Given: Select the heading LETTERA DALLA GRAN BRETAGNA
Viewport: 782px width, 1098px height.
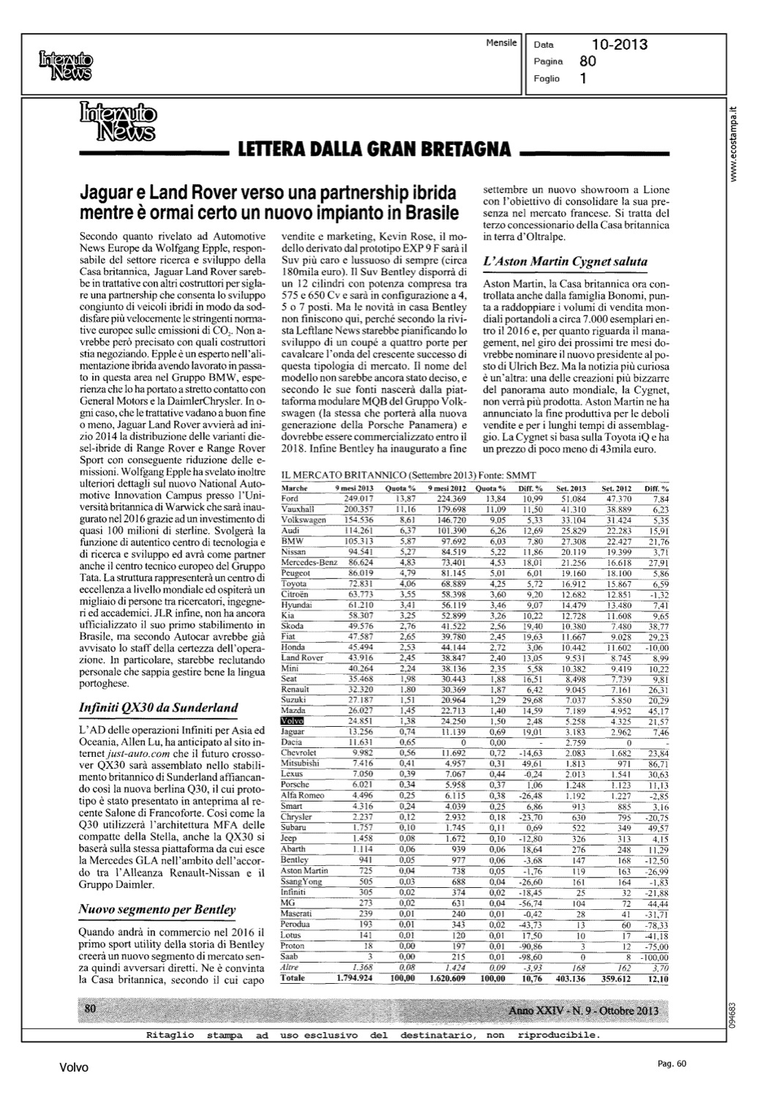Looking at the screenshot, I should [x=375, y=150].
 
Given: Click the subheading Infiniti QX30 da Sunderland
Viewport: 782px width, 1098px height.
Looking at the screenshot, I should [x=158, y=708].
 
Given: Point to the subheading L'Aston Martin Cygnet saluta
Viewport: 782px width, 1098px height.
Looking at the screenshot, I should [x=565, y=261].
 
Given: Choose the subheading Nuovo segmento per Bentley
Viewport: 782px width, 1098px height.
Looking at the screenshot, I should [x=157, y=910].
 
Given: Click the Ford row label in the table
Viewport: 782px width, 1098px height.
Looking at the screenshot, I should [x=290, y=498].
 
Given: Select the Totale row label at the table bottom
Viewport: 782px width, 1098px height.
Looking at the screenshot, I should [x=293, y=978].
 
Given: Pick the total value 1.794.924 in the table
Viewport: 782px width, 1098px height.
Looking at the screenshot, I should [x=356, y=978].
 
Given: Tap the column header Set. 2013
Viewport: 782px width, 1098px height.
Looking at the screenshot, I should [x=572, y=488].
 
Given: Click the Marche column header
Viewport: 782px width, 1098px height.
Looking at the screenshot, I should [x=294, y=488].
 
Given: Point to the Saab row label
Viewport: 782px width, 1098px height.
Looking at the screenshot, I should [x=290, y=956].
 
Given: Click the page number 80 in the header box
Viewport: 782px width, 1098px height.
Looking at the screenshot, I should [x=587, y=61].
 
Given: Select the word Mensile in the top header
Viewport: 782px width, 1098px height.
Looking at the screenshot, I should [x=501, y=43].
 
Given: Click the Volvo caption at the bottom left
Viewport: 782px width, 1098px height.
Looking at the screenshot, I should [x=74, y=1068].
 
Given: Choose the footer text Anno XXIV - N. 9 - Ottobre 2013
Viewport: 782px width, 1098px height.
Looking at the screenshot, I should [x=583, y=1011].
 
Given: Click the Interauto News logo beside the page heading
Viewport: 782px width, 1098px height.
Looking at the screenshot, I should [x=118, y=121].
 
